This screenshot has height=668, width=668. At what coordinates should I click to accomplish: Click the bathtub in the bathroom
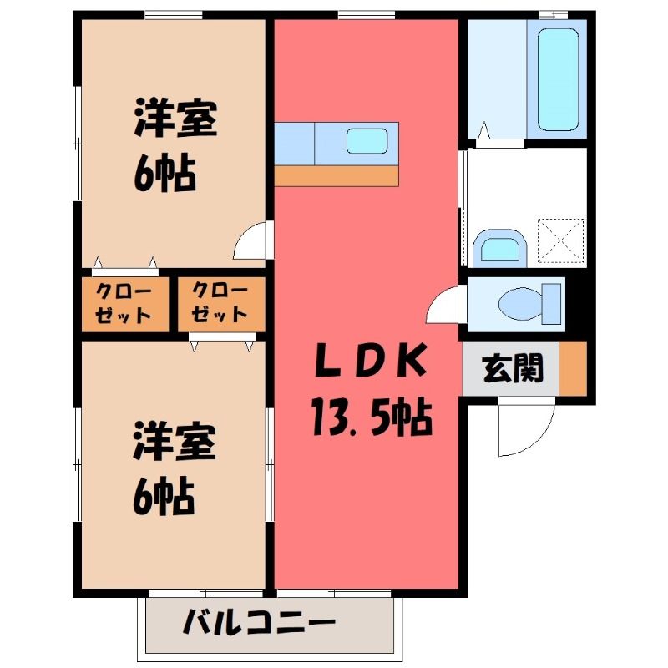[x=558, y=79]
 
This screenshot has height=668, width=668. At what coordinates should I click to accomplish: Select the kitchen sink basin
[x=367, y=141]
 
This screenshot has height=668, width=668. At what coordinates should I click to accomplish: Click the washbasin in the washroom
[x=500, y=248]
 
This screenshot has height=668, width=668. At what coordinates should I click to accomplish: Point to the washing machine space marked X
[x=560, y=240]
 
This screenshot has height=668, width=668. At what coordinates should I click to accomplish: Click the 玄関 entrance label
[x=513, y=368]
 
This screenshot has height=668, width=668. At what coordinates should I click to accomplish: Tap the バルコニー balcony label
[x=259, y=622]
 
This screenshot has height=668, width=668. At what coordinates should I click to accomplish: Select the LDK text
[x=370, y=361]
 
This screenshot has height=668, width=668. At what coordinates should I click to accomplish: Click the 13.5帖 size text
[x=371, y=416]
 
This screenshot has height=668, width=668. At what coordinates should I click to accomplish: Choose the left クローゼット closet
[x=125, y=304]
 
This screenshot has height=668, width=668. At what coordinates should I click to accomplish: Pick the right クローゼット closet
[x=221, y=304]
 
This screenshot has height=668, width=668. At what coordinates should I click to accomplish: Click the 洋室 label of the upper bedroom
[x=175, y=118]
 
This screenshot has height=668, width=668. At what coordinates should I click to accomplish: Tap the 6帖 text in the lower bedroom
[x=164, y=497]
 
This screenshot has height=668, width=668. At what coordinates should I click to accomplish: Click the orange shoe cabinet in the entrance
[x=573, y=368]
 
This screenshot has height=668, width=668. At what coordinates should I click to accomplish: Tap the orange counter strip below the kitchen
[x=337, y=176]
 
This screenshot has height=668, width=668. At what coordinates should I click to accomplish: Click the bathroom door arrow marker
[x=483, y=130]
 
